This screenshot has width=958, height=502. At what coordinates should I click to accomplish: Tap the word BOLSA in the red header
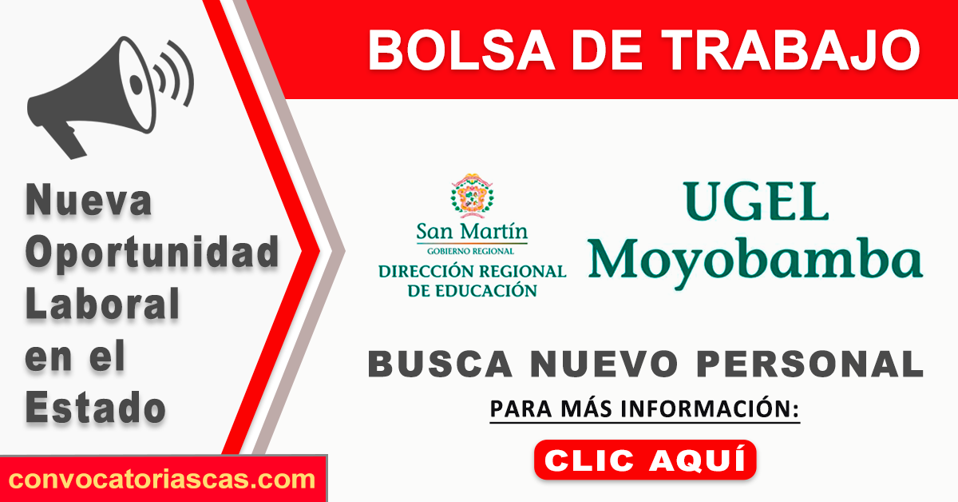pyautogui.click(x=461, y=50)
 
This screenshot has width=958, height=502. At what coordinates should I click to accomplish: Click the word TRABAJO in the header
pyautogui.click(x=791, y=50)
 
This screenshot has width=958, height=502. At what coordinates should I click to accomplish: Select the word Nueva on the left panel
pyautogui.click(x=89, y=200)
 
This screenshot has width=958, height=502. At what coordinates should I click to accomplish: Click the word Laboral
pyautogui.click(x=102, y=303)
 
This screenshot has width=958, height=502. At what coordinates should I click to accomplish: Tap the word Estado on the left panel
pyautogui.click(x=95, y=408)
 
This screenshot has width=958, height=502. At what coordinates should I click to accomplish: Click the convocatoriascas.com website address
pyautogui.click(x=161, y=480)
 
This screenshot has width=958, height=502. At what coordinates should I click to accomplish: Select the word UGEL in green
pyautogui.click(x=755, y=201)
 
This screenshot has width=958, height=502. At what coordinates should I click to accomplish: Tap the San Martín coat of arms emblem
pyautogui.click(x=472, y=195)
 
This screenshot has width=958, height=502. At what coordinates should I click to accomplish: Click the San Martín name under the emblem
pyautogui.click(x=472, y=231)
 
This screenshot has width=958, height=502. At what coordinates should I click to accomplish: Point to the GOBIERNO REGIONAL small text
pyautogui.click(x=470, y=251)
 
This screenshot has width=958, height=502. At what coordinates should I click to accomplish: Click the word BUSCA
pyautogui.click(x=440, y=364)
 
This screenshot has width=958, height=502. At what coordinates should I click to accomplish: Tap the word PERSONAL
pyautogui.click(x=810, y=364)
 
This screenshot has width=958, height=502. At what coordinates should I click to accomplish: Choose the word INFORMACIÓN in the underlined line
pyautogui.click(x=710, y=408)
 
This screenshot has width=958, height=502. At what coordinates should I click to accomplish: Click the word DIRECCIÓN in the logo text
pyautogui.click(x=429, y=272)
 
